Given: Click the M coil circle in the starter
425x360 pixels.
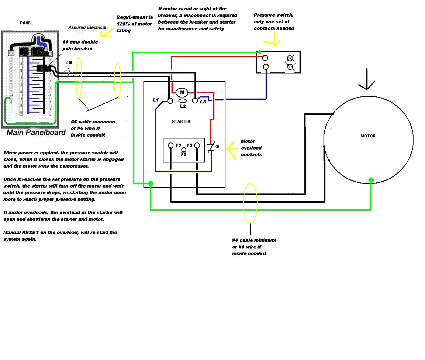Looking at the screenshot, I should [x=182, y=92].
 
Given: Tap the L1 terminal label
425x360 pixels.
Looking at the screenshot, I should [x=156, y=100].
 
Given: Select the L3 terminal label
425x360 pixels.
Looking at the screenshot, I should [x=203, y=102].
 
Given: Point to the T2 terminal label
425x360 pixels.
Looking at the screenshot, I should [x=183, y=154].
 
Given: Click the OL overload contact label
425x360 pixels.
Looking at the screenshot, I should [x=218, y=147].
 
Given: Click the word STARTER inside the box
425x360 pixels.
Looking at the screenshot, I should [x=181, y=121].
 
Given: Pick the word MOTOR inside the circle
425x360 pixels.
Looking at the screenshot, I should [x=368, y=136].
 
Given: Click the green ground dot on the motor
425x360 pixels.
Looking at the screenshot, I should [x=371, y=180].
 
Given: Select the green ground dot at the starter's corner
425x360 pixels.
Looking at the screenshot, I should [x=151, y=183].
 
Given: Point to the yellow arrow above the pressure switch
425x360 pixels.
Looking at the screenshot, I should [x=275, y=39].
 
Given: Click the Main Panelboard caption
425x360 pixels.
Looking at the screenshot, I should [x=36, y=133].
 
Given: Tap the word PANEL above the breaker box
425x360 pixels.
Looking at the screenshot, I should [x=26, y=23].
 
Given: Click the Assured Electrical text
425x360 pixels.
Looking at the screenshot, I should [x=87, y=27].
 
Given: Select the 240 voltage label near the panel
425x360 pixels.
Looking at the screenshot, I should [x=69, y=63].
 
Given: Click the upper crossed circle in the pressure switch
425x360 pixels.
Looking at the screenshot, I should [x=290, y=58].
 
